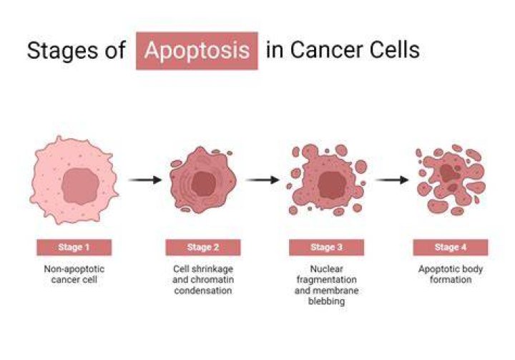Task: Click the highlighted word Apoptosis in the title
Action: coord(197,51)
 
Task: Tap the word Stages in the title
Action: coord(62,51)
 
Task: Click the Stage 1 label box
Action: coord(74,247)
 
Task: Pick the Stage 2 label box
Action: coord(203,247)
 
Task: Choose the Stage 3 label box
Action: coord(326,247)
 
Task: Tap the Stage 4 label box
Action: coord(451,247)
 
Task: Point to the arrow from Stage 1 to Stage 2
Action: coord(144,180)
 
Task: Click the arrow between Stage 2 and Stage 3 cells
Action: coord(262,180)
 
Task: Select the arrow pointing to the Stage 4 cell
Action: coord(392,180)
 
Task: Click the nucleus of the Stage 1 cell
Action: coord(80,186)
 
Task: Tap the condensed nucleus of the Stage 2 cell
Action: coord(204,184)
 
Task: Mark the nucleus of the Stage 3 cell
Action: coord(332,185)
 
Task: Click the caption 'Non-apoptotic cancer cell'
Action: coord(74,274)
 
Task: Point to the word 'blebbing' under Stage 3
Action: coord(326,301)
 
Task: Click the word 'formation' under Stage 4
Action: coord(451,280)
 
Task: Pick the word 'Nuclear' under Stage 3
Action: coord(326,269)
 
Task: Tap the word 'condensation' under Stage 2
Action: coord(203,291)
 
